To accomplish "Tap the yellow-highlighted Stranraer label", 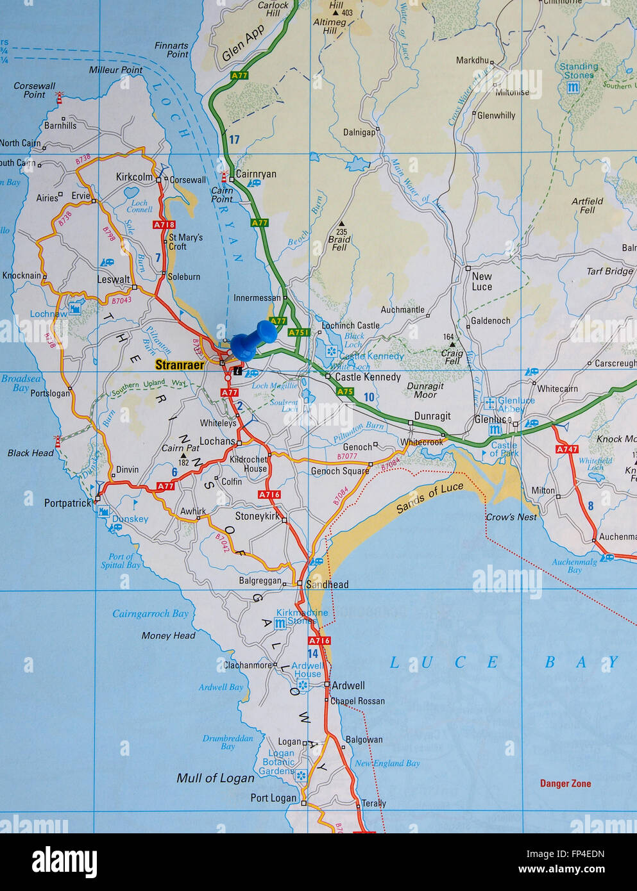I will pos(180,365).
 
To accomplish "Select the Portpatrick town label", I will pos(68,503).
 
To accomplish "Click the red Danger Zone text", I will pos(565,783).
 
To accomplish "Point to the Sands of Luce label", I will pos(430,499).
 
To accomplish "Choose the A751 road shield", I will pos(298,333).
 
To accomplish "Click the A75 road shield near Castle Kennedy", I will pos(345,392).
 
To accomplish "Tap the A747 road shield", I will pos(567,449).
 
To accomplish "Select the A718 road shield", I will pos(164,225).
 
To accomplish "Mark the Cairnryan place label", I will pos(256,174).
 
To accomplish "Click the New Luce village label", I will pos(482,281).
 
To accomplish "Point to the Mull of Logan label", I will pos(216,778).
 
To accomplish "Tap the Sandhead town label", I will pos(327,584).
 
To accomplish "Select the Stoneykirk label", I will pos(258,516).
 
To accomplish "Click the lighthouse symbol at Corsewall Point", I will pos(60,97).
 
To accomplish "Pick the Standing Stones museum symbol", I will pos(569,87).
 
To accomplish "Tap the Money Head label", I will pos(168,635).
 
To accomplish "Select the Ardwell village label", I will pos(348,685).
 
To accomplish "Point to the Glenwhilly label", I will pos(496,115).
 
